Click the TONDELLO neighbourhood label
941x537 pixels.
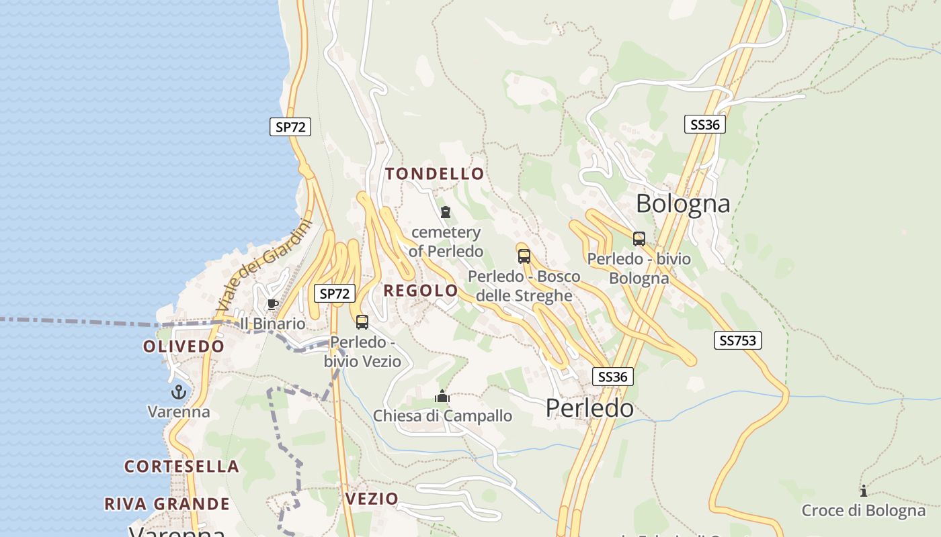tap(434, 174)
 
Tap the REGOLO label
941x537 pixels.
tap(421, 291)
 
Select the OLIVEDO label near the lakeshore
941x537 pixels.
tap(183, 346)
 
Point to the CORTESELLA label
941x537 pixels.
tap(181, 467)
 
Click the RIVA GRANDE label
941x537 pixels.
tap(167, 504)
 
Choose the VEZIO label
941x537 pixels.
tap(372, 499)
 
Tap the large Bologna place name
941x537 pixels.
tap(682, 203)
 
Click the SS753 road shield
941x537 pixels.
tap(737, 340)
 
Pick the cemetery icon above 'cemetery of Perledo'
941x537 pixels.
tap(445, 213)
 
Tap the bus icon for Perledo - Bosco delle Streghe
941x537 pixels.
tap(524, 256)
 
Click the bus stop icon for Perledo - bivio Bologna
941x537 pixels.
tap(639, 239)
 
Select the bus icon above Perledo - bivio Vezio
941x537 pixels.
tap(362, 322)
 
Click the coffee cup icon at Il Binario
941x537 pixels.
tap(272, 305)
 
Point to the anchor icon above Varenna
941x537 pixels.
tap(179, 392)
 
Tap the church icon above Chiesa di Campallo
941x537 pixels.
tap(442, 396)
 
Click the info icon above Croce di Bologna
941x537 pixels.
tap(864, 491)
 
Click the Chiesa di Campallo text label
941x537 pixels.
tap(442, 416)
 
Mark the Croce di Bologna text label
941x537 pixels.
tap(863, 511)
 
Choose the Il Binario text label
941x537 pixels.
tap(272, 324)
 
